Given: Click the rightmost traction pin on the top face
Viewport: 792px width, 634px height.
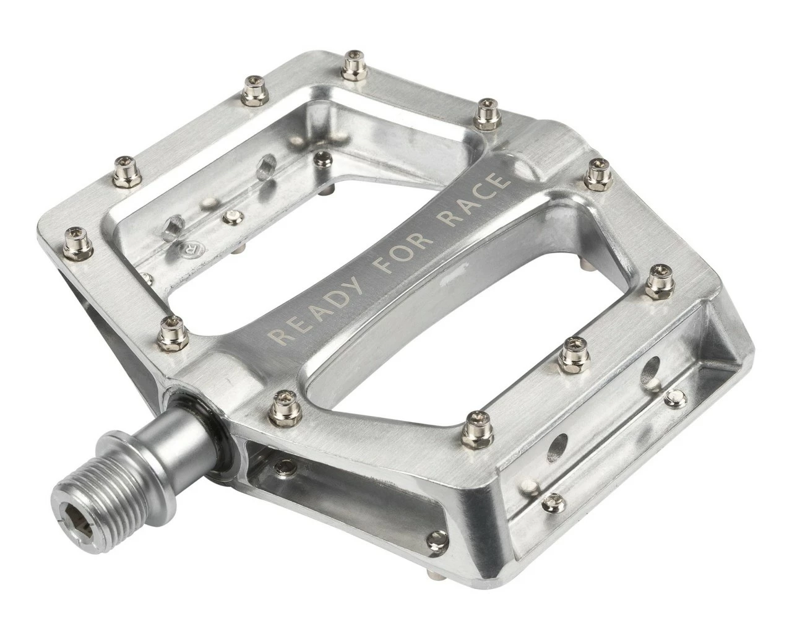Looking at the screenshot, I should (656, 285).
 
